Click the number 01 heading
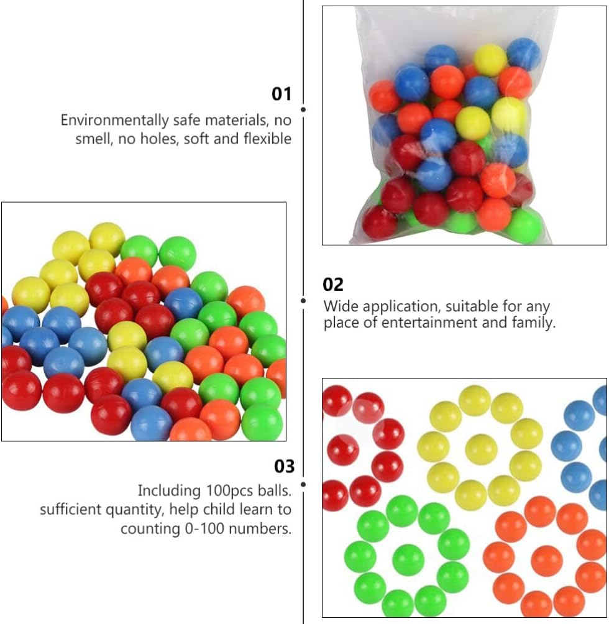coord(282,94)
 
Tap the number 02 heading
coord(333,285)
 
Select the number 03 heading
coord(284,466)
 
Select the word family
coord(533,323)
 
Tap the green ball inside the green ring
coord(408,558)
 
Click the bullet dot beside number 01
coord(303,109)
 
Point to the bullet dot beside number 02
coord(303,301)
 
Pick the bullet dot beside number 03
coord(303,484)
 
